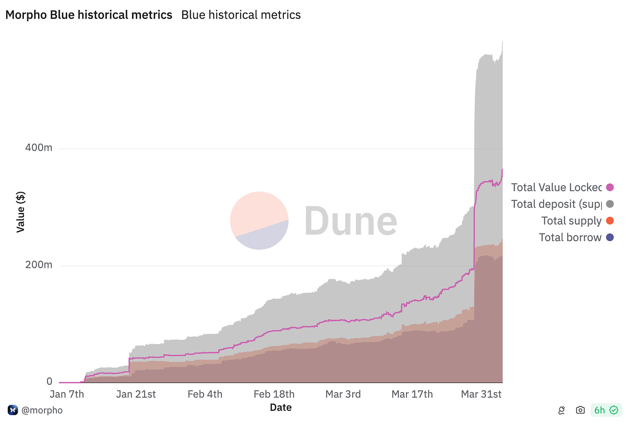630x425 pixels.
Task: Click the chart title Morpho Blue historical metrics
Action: point(89,15)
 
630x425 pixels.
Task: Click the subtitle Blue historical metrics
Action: point(241,15)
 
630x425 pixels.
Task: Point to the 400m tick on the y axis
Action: point(39,148)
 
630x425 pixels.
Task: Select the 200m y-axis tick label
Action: point(39,264)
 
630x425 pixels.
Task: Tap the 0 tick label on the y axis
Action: point(49,381)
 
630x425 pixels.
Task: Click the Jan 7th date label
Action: point(67,394)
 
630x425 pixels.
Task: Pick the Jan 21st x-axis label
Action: point(136,394)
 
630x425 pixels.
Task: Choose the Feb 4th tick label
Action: point(205,394)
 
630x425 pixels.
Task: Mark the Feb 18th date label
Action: point(274,394)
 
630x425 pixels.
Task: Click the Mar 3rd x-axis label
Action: point(343,394)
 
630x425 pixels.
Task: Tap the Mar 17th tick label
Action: point(412,394)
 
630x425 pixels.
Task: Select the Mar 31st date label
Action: point(481,394)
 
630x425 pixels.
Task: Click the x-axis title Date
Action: point(280,407)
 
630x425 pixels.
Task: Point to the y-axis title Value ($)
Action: point(20,212)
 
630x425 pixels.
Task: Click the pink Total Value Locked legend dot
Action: point(610,187)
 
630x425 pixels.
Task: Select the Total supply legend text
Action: point(571,221)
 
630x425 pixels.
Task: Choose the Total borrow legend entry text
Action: point(570,237)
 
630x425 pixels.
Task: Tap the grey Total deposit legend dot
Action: point(610,204)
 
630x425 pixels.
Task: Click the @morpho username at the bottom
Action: point(42,410)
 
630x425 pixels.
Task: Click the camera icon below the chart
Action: point(580,410)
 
